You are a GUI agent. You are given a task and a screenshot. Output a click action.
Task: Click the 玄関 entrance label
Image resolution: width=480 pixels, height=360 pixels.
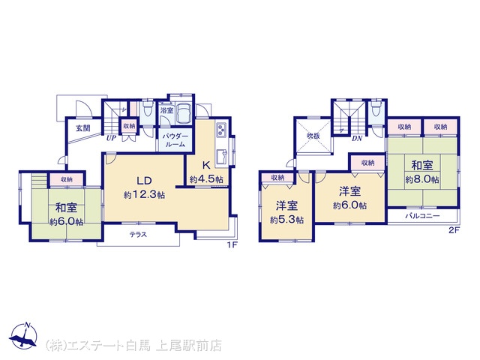(83, 128)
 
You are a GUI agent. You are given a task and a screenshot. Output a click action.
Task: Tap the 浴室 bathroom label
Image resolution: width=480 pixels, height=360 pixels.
(166, 110)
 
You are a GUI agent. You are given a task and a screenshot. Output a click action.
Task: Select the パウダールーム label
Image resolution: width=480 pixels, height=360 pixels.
(175, 140)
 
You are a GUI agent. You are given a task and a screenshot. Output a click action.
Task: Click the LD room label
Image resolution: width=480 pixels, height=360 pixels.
(144, 181)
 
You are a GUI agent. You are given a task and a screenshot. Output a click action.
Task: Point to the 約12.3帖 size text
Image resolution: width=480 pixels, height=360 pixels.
(144, 195)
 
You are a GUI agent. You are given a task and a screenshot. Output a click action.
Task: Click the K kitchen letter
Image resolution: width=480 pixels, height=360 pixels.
(206, 166)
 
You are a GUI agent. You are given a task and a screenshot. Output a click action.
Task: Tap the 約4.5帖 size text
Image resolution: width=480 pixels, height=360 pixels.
(206, 179)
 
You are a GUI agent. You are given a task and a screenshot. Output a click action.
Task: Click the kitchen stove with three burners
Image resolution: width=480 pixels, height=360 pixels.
(221, 130)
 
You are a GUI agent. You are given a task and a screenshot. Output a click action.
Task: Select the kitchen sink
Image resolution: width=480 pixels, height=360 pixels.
(221, 157)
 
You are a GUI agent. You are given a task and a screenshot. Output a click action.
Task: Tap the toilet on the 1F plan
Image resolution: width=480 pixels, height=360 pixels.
(148, 108)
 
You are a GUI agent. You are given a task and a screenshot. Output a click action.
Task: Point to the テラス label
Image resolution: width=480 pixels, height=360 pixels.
(138, 235)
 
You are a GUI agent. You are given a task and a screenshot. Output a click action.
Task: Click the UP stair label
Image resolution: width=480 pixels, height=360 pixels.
(111, 138)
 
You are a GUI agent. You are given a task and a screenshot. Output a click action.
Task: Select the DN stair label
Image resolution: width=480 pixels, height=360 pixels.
(357, 138)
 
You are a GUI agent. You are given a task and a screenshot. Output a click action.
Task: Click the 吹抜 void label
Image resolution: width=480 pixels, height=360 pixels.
(313, 136)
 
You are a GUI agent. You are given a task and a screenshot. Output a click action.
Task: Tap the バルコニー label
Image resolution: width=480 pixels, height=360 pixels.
(423, 216)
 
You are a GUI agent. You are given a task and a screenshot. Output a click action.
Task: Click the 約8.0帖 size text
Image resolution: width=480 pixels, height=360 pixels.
(422, 179)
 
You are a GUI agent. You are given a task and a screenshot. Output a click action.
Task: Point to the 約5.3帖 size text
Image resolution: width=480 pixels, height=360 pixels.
(286, 220)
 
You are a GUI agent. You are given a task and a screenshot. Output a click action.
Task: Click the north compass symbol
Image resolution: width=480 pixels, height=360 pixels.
(23, 336)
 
